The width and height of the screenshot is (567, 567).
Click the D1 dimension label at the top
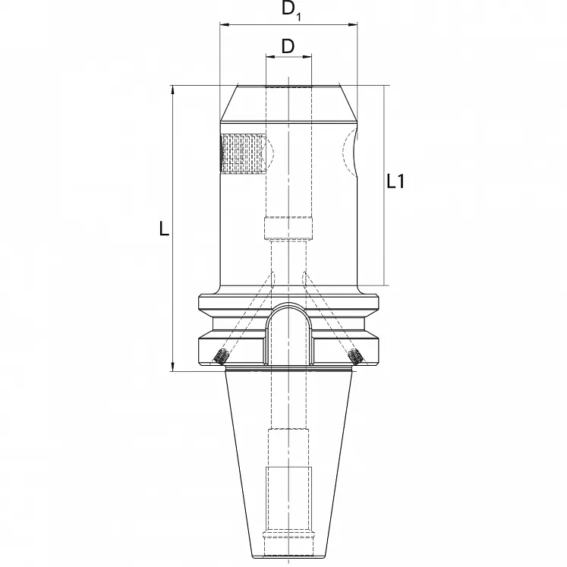coord(291,11)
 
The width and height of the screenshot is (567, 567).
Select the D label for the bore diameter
coord(288,46)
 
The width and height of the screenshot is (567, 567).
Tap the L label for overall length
coord(164,228)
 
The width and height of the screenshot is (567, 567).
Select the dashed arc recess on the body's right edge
coord(349,156)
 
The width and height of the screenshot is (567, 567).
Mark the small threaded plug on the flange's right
coord(354,356)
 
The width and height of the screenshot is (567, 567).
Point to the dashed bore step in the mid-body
coord(288,228)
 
